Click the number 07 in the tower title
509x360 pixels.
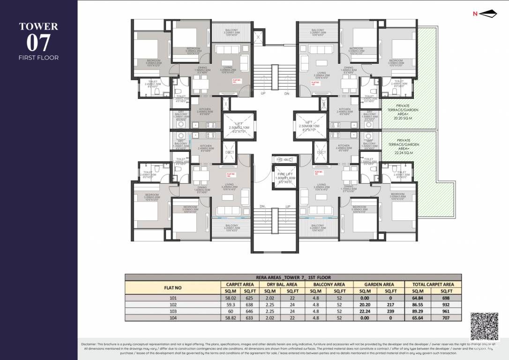pyautogui.click(x=38, y=43)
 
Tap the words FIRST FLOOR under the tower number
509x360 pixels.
pyautogui.click(x=38, y=58)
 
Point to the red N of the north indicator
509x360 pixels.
pyautogui.click(x=475, y=14)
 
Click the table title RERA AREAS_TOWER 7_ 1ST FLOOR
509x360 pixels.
pyautogui.click(x=293, y=277)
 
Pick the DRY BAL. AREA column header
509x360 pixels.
pyautogui.click(x=282, y=284)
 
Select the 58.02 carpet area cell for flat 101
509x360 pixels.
pyautogui.click(x=232, y=298)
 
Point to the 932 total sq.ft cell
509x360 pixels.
pyautogui.click(x=445, y=304)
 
